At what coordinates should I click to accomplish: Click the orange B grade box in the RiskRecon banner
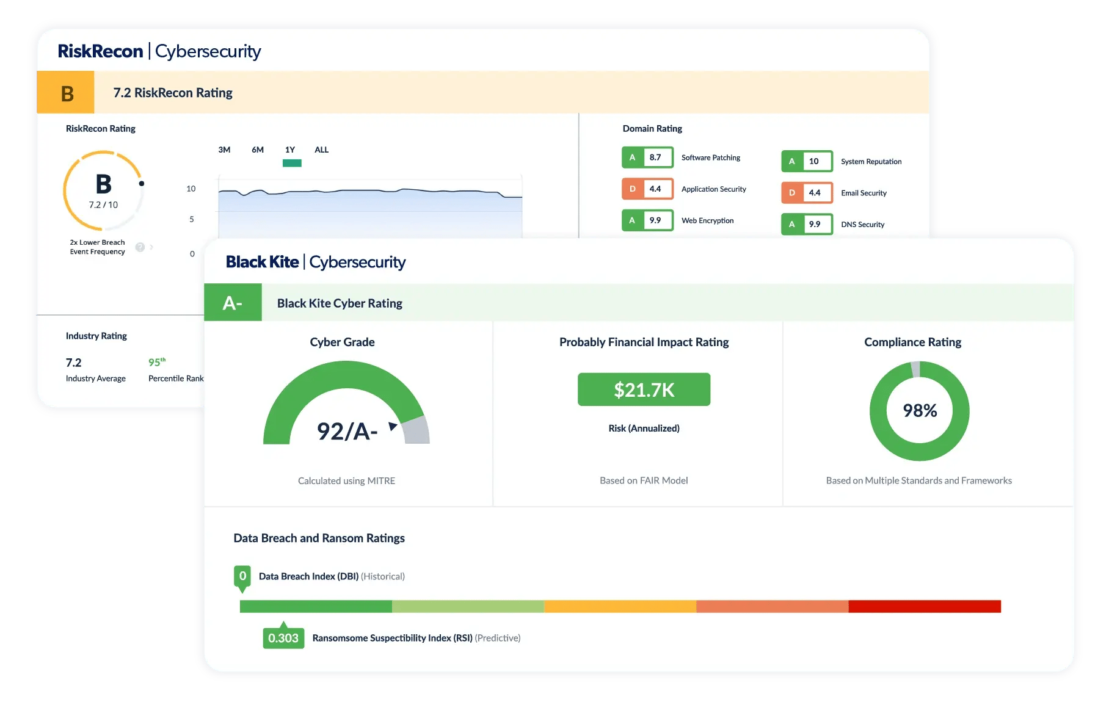click(x=66, y=93)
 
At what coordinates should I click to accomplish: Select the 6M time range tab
click(x=258, y=150)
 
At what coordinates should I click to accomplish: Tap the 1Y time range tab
click(x=290, y=150)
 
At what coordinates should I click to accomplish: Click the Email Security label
click(x=864, y=193)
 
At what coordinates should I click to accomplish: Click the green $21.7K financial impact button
click(x=644, y=389)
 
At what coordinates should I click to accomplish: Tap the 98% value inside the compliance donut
click(x=920, y=411)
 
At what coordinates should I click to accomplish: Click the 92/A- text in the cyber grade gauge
click(x=347, y=432)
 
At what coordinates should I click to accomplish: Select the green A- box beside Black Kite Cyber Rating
click(x=233, y=303)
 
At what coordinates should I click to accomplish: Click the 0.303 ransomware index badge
click(x=283, y=638)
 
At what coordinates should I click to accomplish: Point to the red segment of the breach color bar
click(x=924, y=606)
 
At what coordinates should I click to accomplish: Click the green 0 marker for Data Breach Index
click(x=242, y=576)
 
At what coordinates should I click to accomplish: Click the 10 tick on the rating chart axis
click(x=191, y=189)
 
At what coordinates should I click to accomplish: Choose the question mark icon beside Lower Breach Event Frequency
click(x=140, y=247)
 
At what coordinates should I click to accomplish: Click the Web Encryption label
click(x=707, y=221)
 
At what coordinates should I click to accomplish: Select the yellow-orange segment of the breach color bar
click(x=619, y=606)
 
